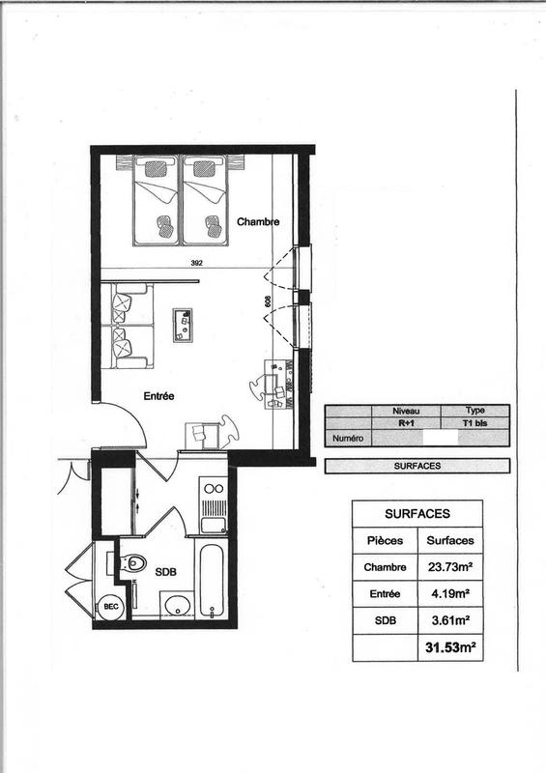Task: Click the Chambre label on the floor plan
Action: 258,221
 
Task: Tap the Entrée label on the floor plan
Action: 159,395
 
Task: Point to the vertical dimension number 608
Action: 266,301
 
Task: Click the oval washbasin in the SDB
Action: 177,606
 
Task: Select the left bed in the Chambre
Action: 154,201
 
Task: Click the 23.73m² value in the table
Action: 449,566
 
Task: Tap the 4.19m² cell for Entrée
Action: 449,593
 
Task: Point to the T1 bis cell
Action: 474,423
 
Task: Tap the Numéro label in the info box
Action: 348,437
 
